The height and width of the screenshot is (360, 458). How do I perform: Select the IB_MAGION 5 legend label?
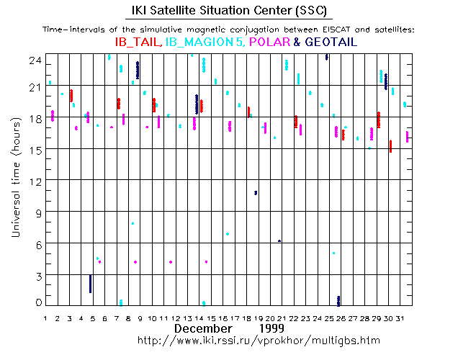point(205,42)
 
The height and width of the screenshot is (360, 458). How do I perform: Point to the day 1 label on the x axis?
point(45,318)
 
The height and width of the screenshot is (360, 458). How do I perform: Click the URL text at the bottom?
point(257,339)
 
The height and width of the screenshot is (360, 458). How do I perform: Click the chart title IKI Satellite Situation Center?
point(228,10)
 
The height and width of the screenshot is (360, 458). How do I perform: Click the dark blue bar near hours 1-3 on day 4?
point(90,284)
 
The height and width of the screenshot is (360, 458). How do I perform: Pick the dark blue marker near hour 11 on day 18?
point(256,192)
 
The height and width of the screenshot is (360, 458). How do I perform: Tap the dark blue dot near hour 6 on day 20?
point(279,240)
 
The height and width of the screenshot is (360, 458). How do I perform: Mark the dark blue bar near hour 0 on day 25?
point(338,301)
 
